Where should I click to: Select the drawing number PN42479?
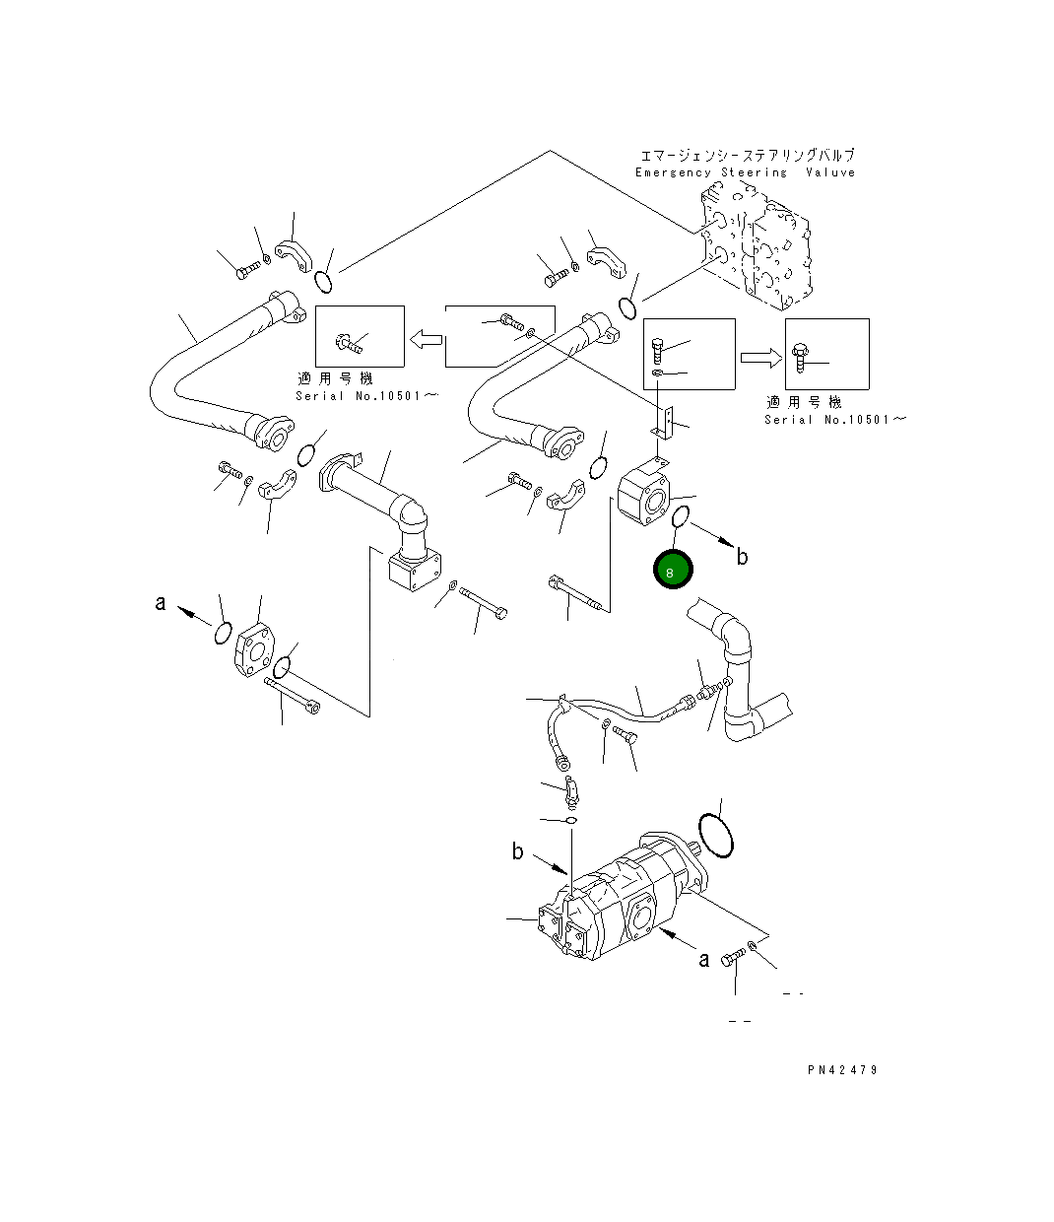coord(840,1070)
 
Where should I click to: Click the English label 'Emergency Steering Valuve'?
coord(745,172)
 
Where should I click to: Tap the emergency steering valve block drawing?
coord(757,246)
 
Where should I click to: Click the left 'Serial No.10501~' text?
coord(359,396)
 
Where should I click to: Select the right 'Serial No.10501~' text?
coord(834,420)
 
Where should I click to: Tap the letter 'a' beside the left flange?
coord(161,602)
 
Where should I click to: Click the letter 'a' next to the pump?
coord(703,959)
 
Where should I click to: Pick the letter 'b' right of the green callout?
coord(742,558)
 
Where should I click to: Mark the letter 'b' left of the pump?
coord(517,851)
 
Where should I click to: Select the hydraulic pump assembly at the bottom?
coord(621,897)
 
